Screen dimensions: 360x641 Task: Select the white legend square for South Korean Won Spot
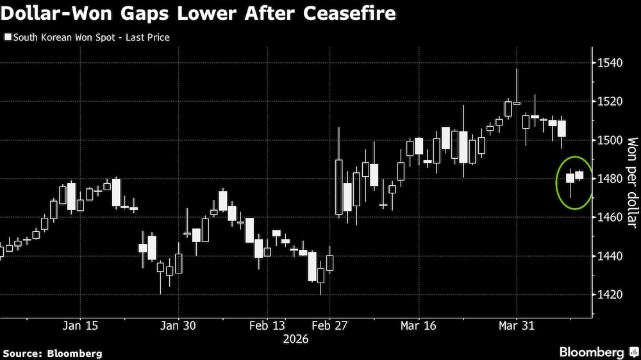tap(8, 37)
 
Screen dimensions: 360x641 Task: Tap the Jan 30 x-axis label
tap(178, 325)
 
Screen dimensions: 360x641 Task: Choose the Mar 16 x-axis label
tap(419, 325)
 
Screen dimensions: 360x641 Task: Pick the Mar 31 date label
tap(517, 325)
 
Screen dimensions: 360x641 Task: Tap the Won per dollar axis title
tap(631, 182)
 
